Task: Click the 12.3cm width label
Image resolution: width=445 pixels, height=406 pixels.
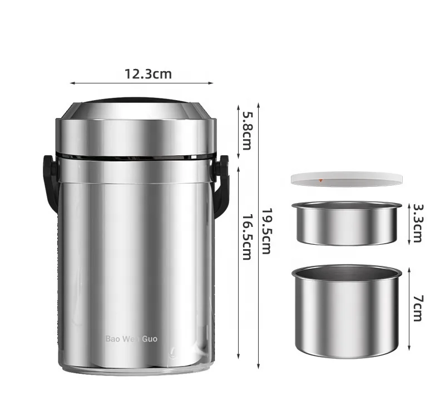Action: coord(148,74)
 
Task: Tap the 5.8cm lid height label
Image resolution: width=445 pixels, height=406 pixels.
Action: coord(246,131)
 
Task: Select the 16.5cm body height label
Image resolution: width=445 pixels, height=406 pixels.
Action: coord(246,237)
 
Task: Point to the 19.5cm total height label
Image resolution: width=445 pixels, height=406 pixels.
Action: coord(266,231)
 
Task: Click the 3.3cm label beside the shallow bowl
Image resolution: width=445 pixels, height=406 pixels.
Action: coord(418,223)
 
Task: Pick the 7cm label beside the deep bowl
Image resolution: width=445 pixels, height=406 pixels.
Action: coord(418,308)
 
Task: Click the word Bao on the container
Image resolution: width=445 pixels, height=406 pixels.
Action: coord(113,339)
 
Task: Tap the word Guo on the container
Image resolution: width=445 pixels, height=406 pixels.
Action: coord(150,339)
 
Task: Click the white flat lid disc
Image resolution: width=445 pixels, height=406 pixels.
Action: coord(347,179)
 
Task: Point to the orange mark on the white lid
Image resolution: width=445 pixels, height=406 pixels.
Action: coord(321,180)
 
